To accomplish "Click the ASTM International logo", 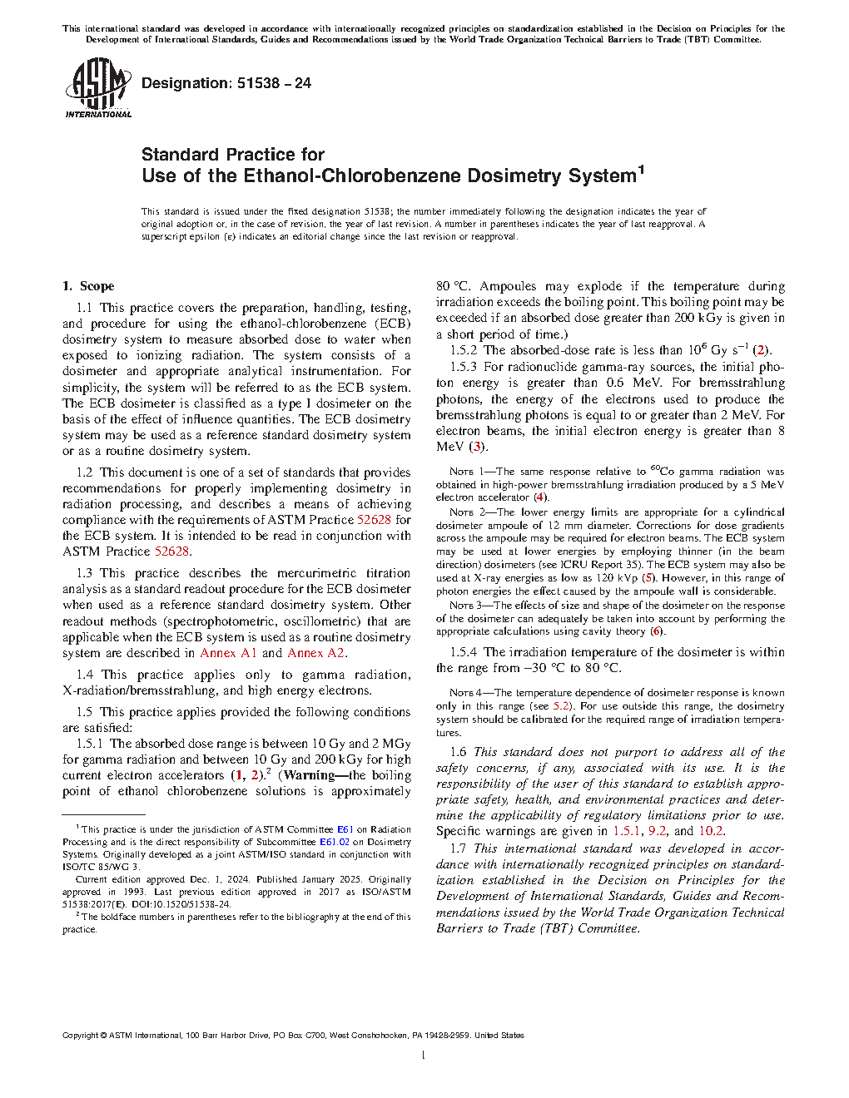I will [97, 87].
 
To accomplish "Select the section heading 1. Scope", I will [88, 286].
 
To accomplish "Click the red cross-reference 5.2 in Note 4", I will [562, 706].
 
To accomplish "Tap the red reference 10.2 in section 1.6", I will [710, 831].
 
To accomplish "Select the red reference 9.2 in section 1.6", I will [657, 831].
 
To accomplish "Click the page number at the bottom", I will [424, 1056].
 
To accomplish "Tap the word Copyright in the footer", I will [80, 1036].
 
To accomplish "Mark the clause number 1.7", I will [458, 848].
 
